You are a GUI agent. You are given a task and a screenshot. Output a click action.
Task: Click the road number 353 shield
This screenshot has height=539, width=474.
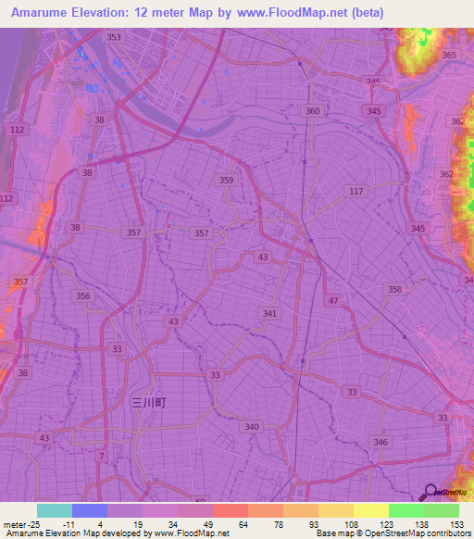click(x=113, y=37)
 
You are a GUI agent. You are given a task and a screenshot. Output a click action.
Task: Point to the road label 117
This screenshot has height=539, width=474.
click(x=355, y=191)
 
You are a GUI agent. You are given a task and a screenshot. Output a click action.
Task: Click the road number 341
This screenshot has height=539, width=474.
click(x=269, y=314)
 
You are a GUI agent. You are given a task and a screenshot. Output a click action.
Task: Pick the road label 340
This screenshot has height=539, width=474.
click(x=252, y=427)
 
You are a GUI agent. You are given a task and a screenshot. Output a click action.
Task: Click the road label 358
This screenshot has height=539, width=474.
click(x=395, y=290)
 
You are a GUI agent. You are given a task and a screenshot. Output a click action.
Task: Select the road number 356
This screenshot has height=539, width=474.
click(x=83, y=296)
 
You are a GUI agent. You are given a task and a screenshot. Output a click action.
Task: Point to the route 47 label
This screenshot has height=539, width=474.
click(x=332, y=301)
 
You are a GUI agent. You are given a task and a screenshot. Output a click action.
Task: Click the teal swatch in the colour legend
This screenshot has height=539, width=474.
click(x=55, y=510)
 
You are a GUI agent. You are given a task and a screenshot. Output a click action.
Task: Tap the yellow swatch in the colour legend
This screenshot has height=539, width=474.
click(x=371, y=510)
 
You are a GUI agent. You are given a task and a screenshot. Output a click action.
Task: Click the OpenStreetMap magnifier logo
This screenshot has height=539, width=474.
click(x=430, y=493)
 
